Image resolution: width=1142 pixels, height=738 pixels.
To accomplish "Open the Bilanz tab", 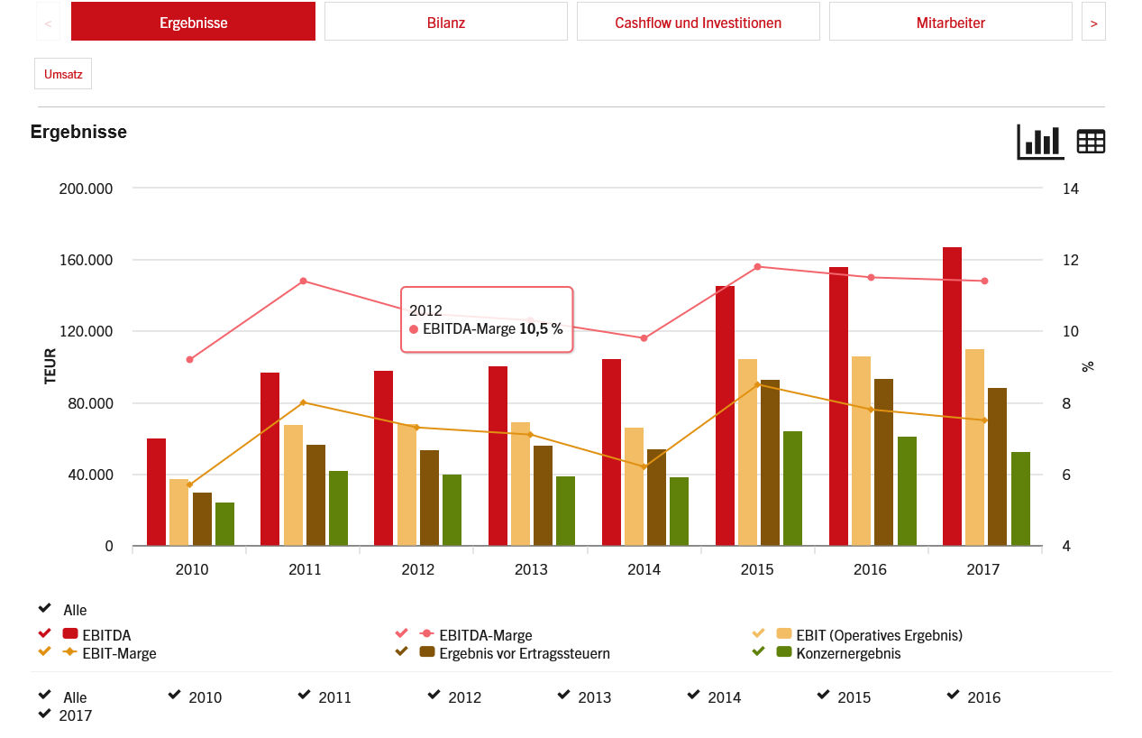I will (445, 23).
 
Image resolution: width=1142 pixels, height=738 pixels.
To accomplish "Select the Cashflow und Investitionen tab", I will (698, 23).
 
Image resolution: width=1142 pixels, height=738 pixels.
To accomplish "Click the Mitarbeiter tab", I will (950, 23).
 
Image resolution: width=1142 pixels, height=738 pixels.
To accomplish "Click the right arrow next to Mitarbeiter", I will (1093, 23).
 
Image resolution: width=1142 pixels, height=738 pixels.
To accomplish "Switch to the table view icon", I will (1091, 142).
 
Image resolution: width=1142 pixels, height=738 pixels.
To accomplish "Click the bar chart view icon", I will (1040, 142).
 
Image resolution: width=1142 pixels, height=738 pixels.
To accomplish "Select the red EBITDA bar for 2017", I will (952, 397).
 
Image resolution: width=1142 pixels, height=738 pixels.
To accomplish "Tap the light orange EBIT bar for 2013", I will (520, 484).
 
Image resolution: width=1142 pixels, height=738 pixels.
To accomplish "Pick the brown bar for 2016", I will (883, 462).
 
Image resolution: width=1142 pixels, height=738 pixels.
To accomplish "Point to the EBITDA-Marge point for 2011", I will (303, 281).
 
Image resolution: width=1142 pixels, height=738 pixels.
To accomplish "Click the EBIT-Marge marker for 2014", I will (644, 466).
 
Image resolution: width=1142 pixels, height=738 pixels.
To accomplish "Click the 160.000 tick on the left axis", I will (87, 261).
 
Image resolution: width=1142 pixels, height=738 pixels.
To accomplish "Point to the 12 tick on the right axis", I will (1070, 261).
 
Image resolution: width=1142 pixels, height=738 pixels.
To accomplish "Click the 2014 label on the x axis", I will (644, 569).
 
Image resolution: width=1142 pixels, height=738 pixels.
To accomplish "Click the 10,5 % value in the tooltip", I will (541, 329).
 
